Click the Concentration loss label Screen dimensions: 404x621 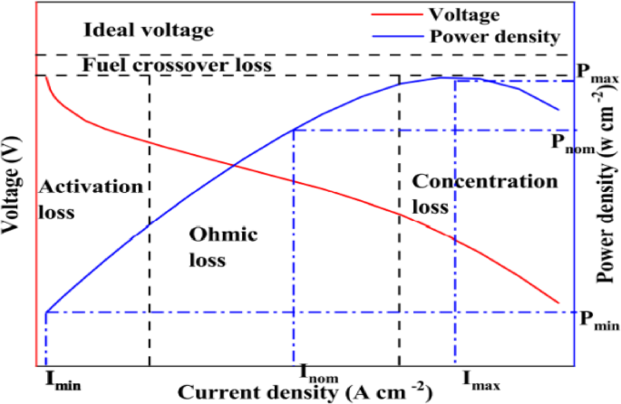(477, 193)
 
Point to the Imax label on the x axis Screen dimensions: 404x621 (480, 375)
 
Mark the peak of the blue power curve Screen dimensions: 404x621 (442, 78)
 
